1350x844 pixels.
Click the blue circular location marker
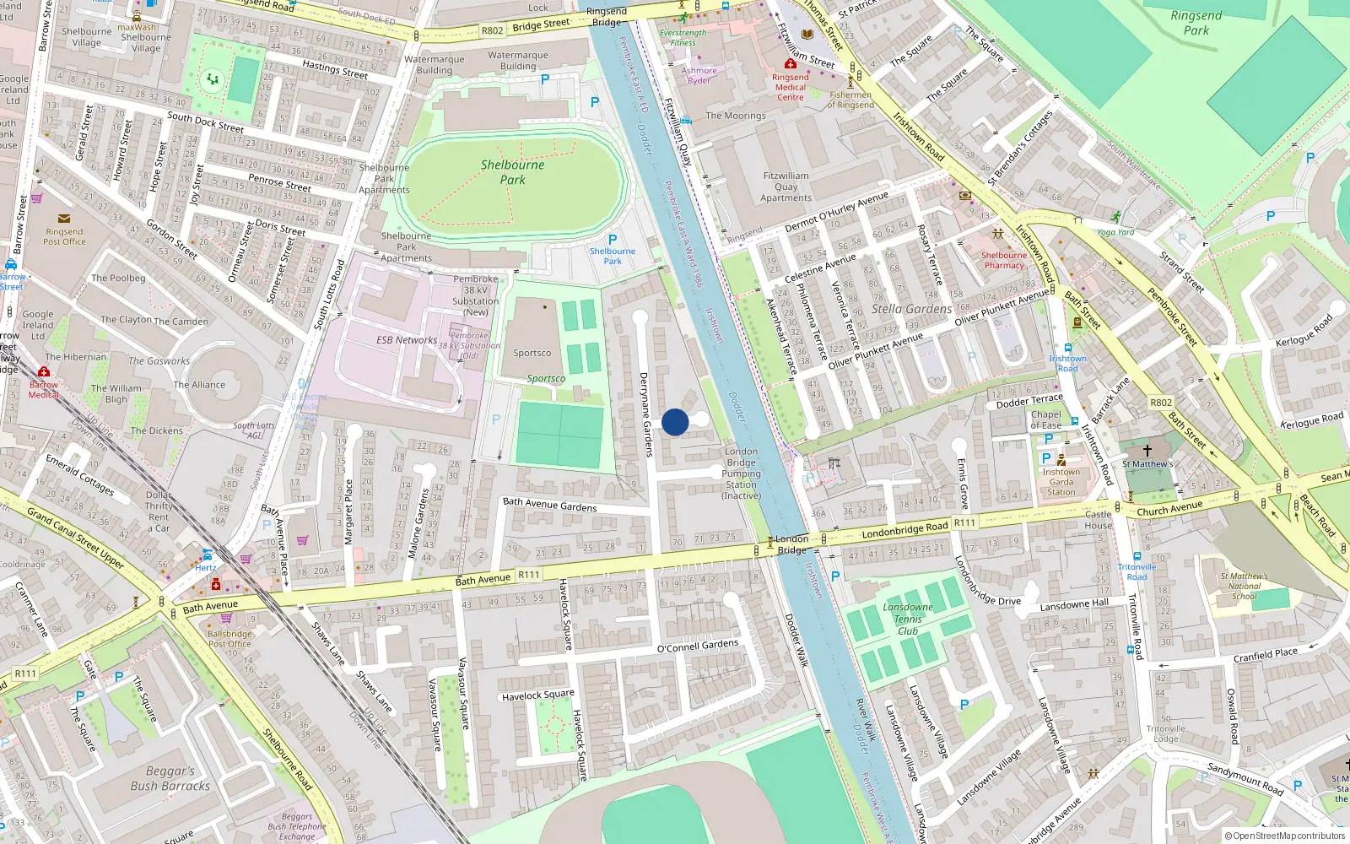point(675,422)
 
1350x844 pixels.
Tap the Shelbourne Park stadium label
point(512,172)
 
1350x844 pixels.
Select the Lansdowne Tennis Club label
point(908,619)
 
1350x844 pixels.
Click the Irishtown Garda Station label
point(1061,482)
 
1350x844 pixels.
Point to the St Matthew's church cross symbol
point(1147,451)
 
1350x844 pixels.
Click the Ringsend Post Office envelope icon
point(64,219)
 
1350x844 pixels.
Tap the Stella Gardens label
point(911,309)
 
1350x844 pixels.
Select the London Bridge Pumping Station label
point(741,473)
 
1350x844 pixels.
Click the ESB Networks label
point(407,340)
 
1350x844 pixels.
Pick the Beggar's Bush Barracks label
point(170,778)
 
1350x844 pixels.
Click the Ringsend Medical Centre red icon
point(791,64)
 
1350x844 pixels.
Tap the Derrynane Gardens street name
point(645,414)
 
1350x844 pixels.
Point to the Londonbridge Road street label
point(904,530)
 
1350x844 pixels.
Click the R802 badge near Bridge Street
point(492,30)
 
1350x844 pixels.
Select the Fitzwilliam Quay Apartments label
point(786,187)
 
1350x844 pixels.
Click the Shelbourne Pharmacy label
point(1004,260)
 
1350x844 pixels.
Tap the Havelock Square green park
point(554,723)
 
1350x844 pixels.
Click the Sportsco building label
point(532,354)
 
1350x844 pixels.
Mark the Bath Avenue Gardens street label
point(549,505)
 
